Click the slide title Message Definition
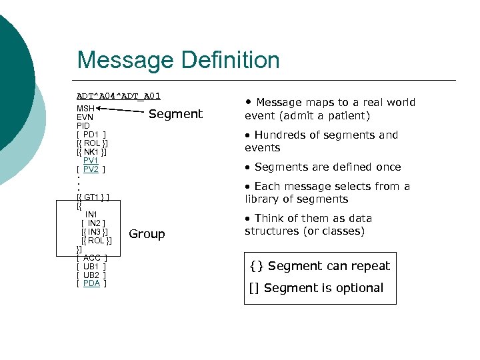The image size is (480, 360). (x=178, y=60)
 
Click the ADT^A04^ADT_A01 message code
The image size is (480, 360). (x=119, y=96)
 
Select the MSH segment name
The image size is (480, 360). (x=85, y=108)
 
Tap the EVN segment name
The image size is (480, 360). (x=85, y=117)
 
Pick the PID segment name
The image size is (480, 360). (x=83, y=125)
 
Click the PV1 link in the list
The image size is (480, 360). (x=91, y=161)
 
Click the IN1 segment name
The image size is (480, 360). (x=91, y=214)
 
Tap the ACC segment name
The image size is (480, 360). (x=92, y=257)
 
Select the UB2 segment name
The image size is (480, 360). (x=91, y=275)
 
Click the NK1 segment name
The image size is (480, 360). (x=92, y=152)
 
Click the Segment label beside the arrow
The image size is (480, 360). (x=175, y=114)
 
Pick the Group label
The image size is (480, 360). (x=147, y=234)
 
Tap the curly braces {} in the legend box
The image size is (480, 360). (x=255, y=266)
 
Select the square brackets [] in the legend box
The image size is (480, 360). (x=255, y=288)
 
